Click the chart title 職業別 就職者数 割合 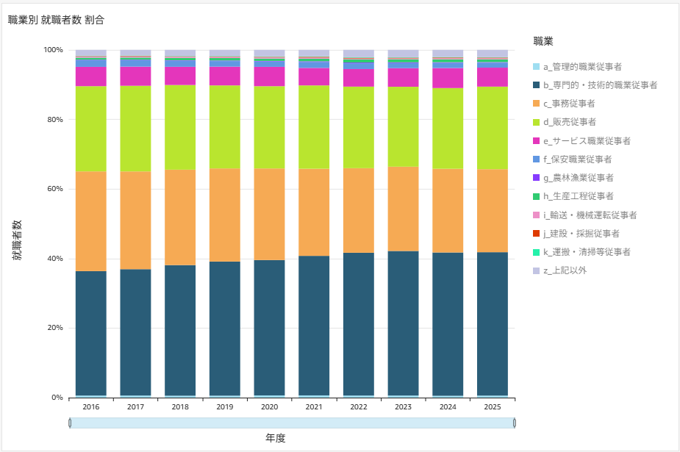click(x=56, y=20)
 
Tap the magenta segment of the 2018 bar click(x=180, y=76)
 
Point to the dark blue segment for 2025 click(x=493, y=323)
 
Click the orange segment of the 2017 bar click(x=135, y=220)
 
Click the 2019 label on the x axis click(x=225, y=406)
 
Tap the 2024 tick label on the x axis click(x=448, y=406)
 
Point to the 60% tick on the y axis click(x=54, y=189)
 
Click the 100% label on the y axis click(x=53, y=50)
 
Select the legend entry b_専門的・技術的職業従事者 click(x=600, y=85)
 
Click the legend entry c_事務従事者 click(x=569, y=104)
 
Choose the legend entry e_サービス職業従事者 click(x=587, y=140)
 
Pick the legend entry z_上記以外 click(x=565, y=270)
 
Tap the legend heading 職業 click(x=543, y=40)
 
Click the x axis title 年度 click(x=275, y=437)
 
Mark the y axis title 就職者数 click(x=16, y=240)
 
